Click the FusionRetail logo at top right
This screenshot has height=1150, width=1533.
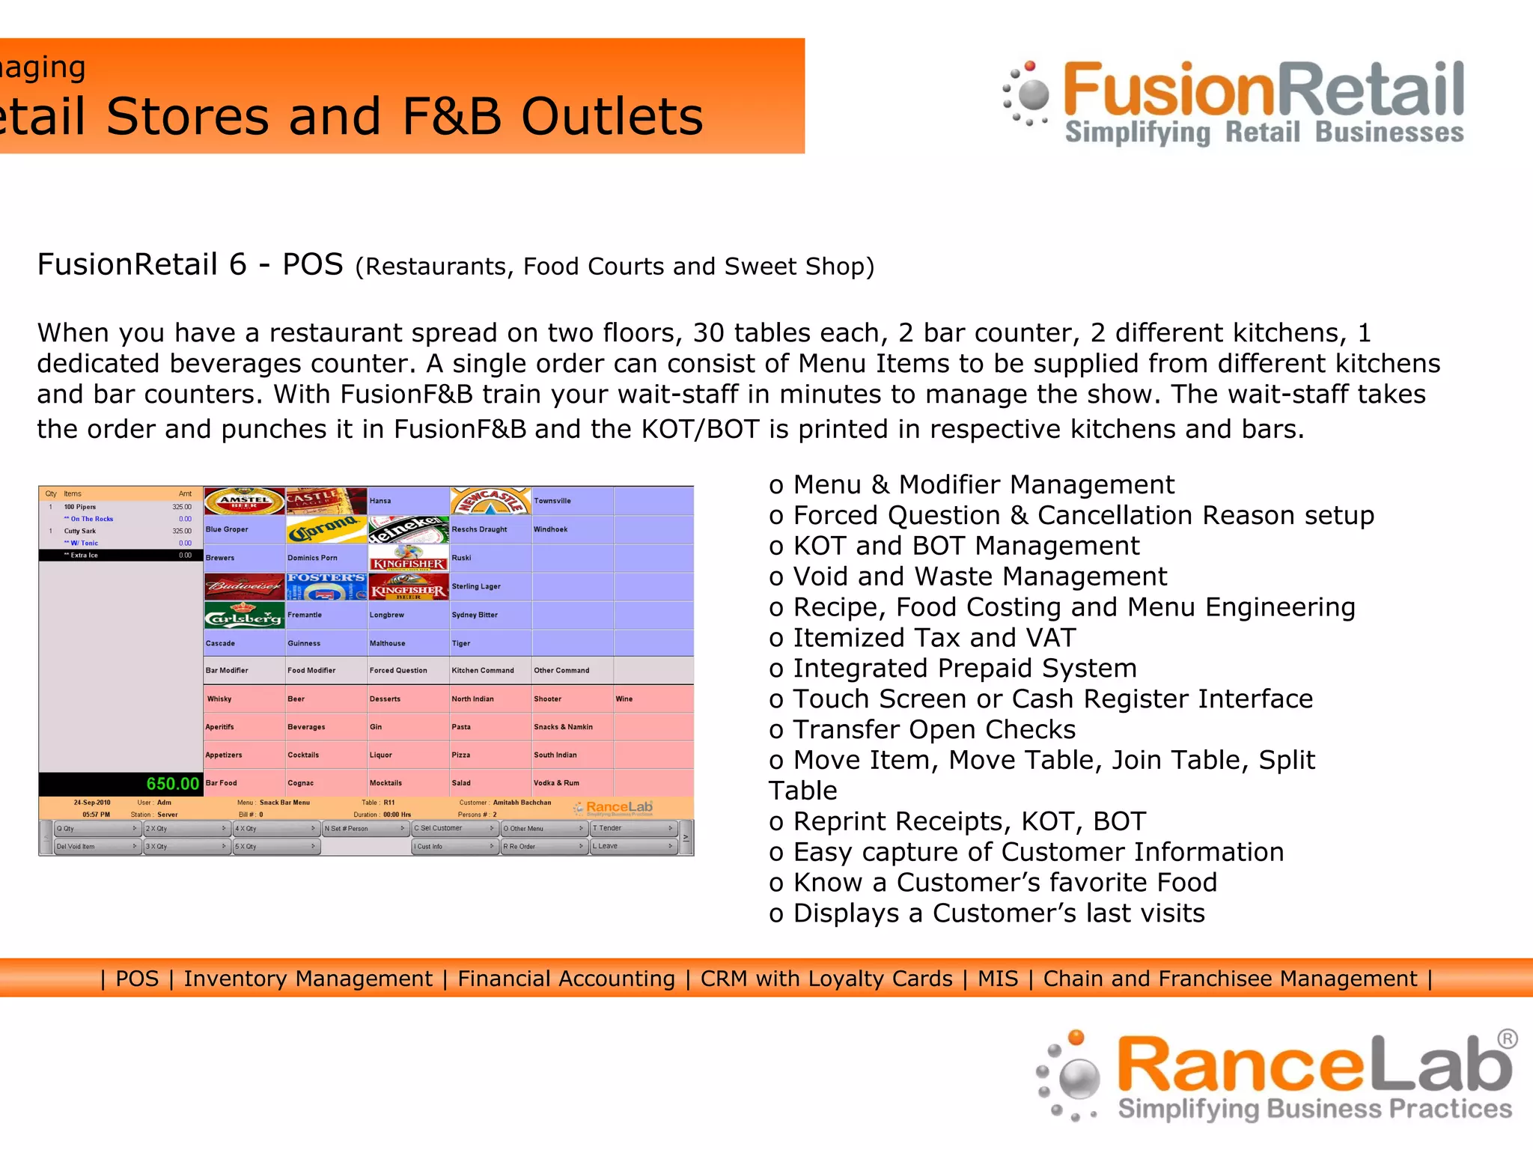(x=1235, y=103)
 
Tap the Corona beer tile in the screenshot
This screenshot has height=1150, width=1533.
(x=326, y=529)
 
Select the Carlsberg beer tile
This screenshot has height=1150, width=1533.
(x=244, y=615)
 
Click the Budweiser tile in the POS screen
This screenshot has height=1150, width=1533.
(x=244, y=586)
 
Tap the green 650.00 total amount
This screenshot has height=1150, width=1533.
(x=172, y=784)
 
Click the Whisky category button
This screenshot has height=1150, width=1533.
(x=244, y=699)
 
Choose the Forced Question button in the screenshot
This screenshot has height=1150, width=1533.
(x=408, y=670)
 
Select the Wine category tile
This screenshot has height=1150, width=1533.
(x=653, y=699)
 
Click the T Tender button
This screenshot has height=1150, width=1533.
(x=633, y=828)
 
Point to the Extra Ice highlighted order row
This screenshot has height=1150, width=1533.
(x=120, y=556)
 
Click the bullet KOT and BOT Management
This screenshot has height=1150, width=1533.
(x=966, y=546)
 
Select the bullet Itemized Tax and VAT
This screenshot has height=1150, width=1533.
(x=933, y=638)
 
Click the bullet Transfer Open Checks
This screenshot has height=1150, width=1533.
(x=933, y=730)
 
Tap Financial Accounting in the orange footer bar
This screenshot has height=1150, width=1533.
(x=566, y=979)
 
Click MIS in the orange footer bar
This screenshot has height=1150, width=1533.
(x=997, y=979)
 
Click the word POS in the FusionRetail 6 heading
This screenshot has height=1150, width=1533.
(x=312, y=264)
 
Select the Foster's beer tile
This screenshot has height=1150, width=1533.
(x=326, y=586)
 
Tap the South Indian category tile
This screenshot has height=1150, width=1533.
(x=572, y=755)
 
